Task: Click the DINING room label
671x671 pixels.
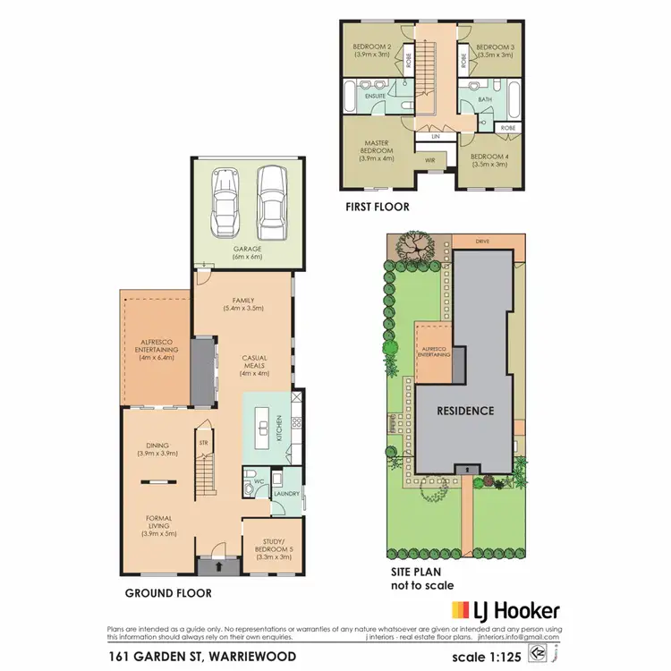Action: tap(157, 449)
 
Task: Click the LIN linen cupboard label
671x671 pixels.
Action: tap(436, 137)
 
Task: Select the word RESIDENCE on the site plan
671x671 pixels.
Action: tap(465, 411)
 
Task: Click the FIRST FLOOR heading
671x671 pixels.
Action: tap(378, 207)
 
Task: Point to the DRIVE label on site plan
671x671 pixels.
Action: tap(483, 242)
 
